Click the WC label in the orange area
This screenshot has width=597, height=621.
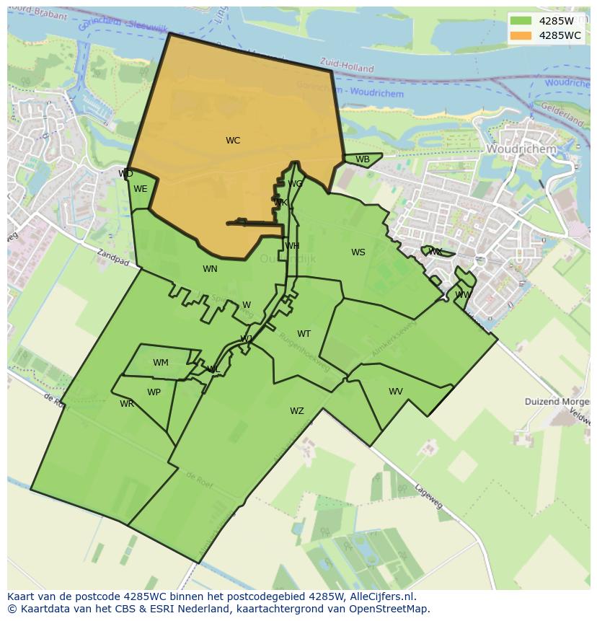[232, 141]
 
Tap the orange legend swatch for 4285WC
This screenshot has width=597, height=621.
[520, 35]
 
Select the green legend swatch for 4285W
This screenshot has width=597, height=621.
[520, 21]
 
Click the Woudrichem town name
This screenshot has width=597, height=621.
[521, 149]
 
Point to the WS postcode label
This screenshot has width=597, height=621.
[358, 252]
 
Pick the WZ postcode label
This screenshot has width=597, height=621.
[297, 411]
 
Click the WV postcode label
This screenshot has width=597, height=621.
[396, 392]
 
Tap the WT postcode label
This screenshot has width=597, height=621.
[304, 334]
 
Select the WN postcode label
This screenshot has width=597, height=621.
[210, 269]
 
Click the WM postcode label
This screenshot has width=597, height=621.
[161, 363]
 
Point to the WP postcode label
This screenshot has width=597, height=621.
[154, 392]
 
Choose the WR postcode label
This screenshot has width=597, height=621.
[127, 404]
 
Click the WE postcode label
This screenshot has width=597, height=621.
[141, 189]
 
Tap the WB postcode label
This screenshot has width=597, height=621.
[363, 159]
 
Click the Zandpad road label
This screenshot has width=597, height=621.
[113, 257]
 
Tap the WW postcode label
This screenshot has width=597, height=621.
[462, 295]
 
